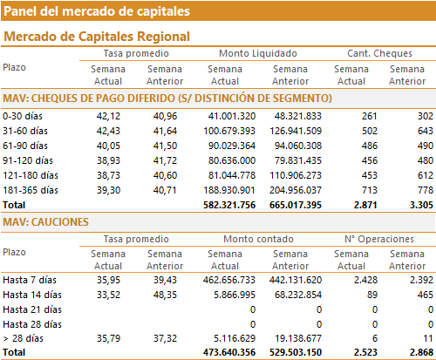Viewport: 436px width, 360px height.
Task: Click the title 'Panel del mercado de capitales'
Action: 97,11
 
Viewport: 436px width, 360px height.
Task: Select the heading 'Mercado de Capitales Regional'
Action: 97,37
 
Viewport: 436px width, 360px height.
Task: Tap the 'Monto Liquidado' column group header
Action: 258,53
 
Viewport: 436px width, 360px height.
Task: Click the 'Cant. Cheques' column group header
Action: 379,53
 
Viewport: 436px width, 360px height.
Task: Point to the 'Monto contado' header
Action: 258,239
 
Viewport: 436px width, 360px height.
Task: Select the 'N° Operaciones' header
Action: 379,239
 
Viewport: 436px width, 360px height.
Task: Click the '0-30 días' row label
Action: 23,116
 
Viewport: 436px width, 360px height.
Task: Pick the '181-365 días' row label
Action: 31,190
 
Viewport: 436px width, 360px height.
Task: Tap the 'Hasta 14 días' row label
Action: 32,295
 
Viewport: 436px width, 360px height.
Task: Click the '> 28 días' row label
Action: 24,338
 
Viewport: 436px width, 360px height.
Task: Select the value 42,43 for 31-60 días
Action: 108,131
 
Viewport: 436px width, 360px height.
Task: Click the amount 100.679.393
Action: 229,131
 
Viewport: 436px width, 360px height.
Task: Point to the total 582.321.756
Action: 229,205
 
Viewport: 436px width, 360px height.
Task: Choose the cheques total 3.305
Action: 421,205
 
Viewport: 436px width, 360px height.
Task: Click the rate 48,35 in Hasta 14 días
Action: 165,295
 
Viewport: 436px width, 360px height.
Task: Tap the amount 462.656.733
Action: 229,280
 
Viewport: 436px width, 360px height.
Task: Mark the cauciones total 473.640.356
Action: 229,352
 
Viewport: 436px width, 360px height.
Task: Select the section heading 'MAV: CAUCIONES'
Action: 45,222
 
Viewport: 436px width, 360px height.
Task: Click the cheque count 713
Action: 370,190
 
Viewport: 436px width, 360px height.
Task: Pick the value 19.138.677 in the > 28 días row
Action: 298,338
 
